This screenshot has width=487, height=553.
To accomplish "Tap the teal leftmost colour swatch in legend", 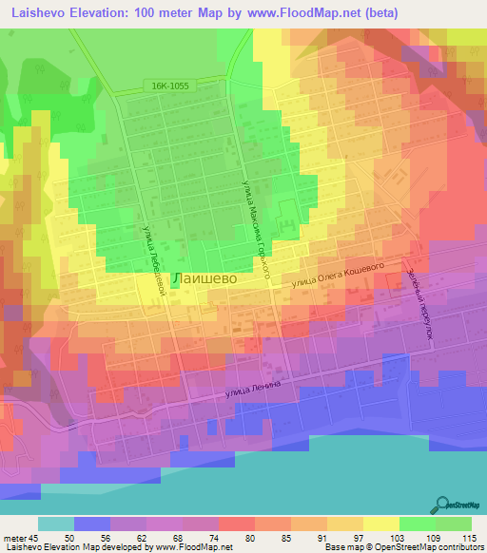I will click(56, 524).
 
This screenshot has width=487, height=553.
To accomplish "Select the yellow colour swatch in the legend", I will click(380, 524).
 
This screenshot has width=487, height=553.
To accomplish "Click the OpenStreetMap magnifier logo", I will click(441, 504).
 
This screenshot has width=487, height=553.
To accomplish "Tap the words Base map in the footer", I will click(338, 547).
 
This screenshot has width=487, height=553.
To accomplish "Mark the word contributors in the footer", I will click(457, 547).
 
